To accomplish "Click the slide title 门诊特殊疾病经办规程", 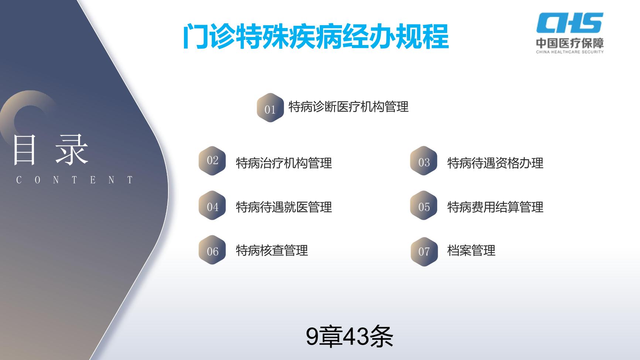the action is coord(316,37).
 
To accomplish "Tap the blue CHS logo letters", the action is coord(570,23).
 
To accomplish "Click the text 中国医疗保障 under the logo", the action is coord(570,43).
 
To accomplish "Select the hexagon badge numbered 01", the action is coord(270,108).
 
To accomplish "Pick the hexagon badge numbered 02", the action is coord(212,161).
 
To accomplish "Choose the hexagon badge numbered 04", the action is coord(212,206).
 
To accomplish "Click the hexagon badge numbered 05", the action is coord(424,206).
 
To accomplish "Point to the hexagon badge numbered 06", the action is coord(212,250).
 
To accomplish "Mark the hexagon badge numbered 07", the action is coord(424,251).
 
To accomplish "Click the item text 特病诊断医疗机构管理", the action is coord(348,107).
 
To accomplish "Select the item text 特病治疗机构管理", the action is coord(284,163).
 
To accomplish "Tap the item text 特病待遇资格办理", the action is coord(495,163).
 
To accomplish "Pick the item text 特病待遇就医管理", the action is coord(284,207).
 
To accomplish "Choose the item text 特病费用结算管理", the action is coord(495,207).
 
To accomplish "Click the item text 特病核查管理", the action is coord(272,250).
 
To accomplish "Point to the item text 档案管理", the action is coord(471,250).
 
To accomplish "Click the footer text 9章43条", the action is coord(349,336).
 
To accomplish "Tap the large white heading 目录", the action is coord(51,150).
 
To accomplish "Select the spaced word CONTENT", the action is coord(74,180).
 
